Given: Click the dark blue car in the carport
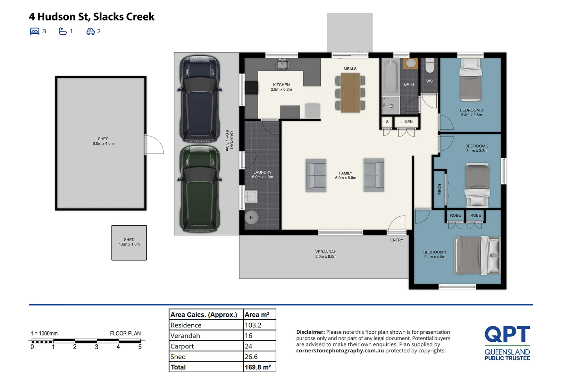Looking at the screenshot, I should pyautogui.click(x=200, y=99).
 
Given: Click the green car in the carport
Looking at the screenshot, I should pyautogui.click(x=200, y=189).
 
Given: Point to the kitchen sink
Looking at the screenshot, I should pyautogui.click(x=282, y=64).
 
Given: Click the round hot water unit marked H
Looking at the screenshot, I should pyautogui.click(x=251, y=218).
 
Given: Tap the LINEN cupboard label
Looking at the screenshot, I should pyautogui.click(x=407, y=122).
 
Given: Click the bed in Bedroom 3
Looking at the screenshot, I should pyautogui.click(x=471, y=80).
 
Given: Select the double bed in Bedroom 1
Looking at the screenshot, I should pyautogui.click(x=477, y=256).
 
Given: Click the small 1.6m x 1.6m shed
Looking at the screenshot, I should pyautogui.click(x=129, y=243).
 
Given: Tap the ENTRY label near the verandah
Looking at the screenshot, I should pyautogui.click(x=396, y=240).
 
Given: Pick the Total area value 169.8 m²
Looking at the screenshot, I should pyautogui.click(x=258, y=367).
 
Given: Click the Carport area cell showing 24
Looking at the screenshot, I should pyautogui.click(x=249, y=346).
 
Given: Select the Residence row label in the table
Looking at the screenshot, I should pyautogui.click(x=186, y=325).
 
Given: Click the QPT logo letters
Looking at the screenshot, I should pyautogui.click(x=507, y=334).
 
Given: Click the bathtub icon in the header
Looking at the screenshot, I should pyautogui.click(x=62, y=32).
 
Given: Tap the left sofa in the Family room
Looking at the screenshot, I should pyautogui.click(x=316, y=175).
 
